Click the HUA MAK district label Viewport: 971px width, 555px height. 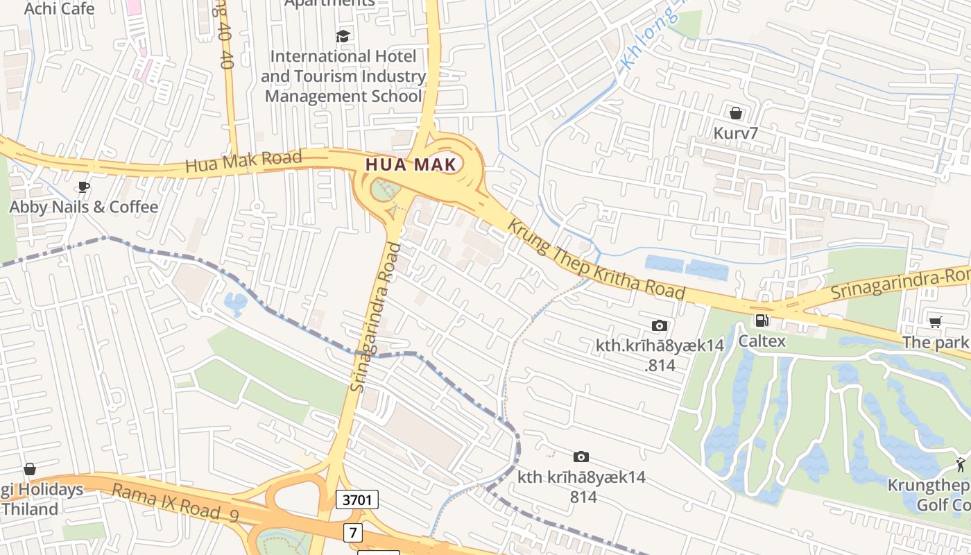click(411, 165)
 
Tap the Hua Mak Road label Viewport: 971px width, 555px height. click(243, 162)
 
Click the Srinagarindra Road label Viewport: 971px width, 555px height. click(375, 317)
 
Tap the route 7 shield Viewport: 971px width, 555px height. click(353, 533)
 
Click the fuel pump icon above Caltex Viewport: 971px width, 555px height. click(762, 321)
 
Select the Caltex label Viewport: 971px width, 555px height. click(762, 341)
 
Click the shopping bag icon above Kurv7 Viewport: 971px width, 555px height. click(735, 112)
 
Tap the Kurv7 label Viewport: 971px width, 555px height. click(735, 132)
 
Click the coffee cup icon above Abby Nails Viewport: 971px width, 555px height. click(83, 187)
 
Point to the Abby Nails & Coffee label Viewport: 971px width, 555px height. click(83, 207)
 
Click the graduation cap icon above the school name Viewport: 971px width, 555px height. click(343, 36)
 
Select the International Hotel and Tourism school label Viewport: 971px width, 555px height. click(343, 76)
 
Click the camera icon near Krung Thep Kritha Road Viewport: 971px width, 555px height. click(660, 325)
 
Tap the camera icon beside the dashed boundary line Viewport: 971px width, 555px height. click(581, 456)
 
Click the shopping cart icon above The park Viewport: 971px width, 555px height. click(935, 322)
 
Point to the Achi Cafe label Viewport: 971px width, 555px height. click(59, 8)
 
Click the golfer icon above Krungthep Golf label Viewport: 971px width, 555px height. click(961, 464)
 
